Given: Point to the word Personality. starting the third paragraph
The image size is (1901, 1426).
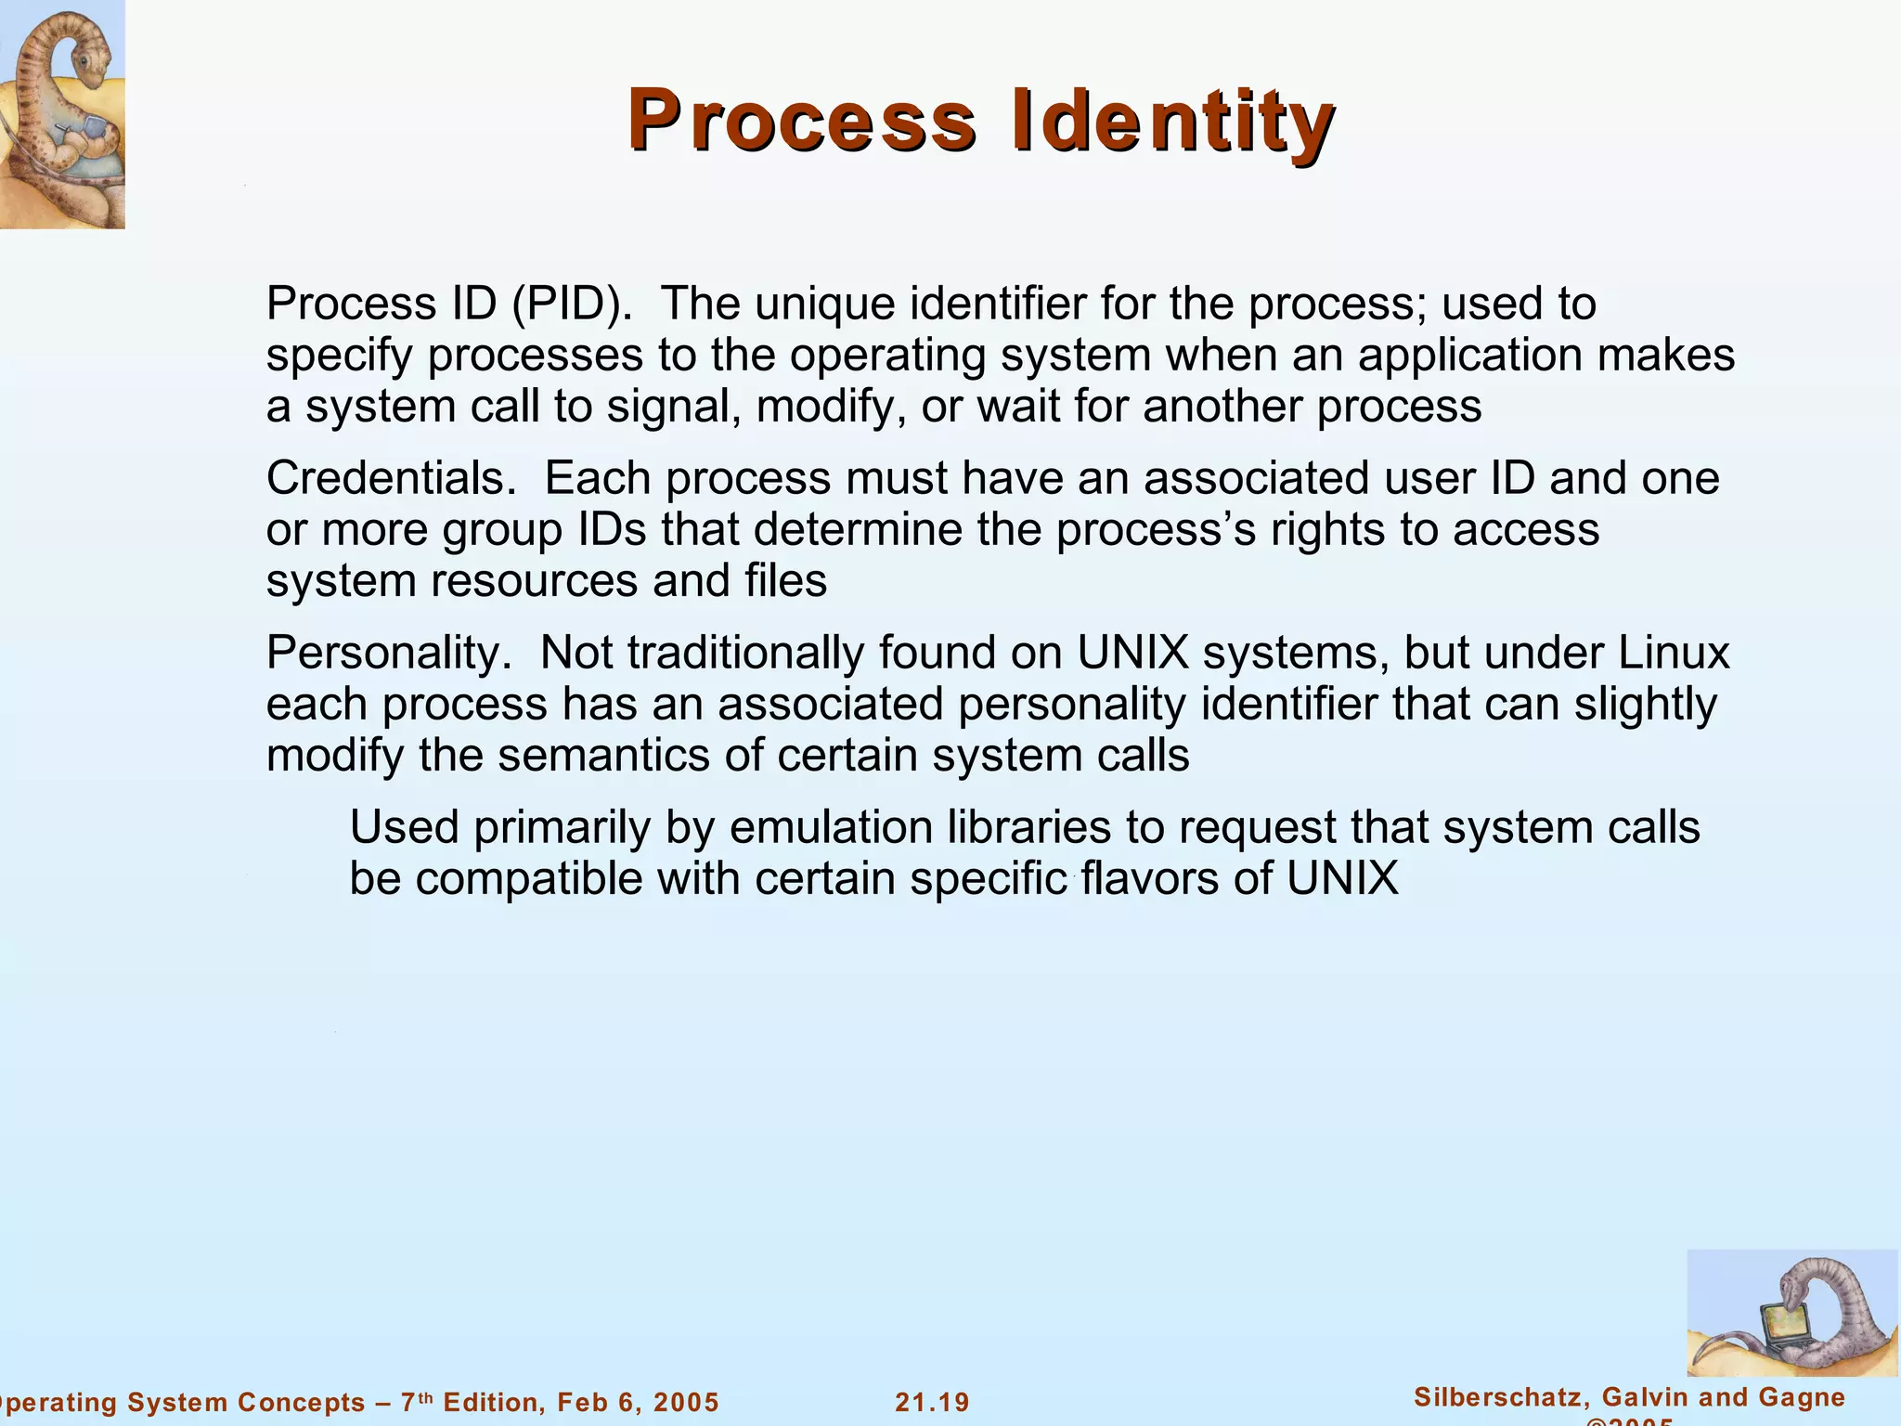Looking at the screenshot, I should point(389,653).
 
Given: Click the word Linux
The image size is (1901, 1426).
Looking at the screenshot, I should point(1675,653).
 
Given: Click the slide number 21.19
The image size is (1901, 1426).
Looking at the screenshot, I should point(932,1403).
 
